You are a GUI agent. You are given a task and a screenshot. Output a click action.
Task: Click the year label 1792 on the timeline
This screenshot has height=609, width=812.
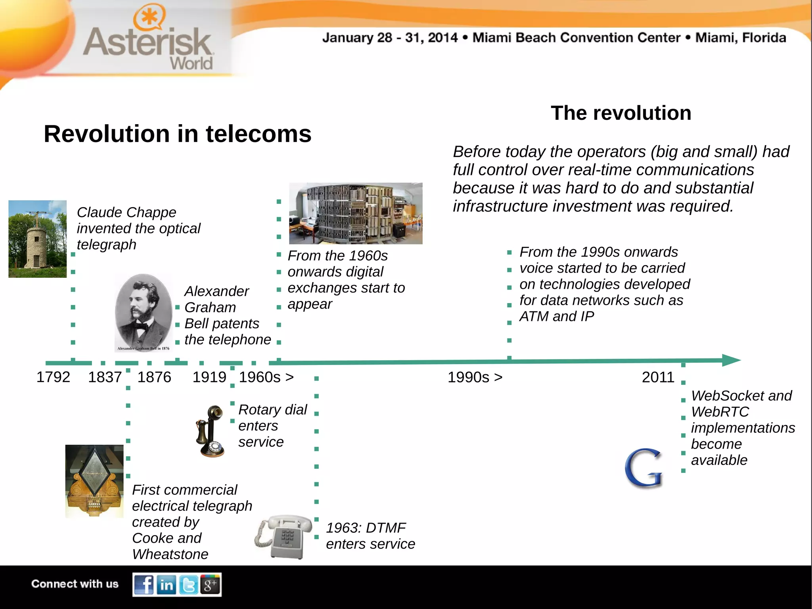click(53, 377)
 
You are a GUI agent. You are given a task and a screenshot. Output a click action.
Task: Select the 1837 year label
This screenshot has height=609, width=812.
click(105, 377)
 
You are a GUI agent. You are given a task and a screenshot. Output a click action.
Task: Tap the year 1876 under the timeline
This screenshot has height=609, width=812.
click(154, 377)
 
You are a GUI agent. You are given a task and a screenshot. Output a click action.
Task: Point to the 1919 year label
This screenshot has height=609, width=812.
click(209, 377)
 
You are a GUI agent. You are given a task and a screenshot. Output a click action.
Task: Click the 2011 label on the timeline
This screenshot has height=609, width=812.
click(658, 377)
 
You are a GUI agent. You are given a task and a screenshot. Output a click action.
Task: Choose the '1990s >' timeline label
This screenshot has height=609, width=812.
click(475, 377)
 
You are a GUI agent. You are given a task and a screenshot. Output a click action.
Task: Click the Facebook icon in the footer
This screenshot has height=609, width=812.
click(144, 585)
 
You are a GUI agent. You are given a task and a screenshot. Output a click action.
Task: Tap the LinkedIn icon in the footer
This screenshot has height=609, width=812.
click(167, 585)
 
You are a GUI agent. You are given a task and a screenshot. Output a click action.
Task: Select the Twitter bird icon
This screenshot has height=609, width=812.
click(189, 585)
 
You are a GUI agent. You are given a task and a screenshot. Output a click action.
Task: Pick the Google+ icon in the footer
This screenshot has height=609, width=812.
click(210, 584)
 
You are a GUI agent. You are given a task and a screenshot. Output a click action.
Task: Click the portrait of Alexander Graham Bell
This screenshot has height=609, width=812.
click(144, 313)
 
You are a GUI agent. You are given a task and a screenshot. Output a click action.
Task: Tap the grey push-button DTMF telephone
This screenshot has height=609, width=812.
click(284, 536)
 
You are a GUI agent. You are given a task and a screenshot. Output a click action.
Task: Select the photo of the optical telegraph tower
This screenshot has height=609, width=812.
click(38, 239)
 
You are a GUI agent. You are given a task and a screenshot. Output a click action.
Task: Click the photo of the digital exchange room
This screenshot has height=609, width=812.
click(356, 213)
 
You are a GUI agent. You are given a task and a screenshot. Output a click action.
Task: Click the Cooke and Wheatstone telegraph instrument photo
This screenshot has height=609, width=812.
click(94, 481)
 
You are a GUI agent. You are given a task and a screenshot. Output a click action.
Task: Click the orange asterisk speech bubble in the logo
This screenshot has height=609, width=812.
click(149, 18)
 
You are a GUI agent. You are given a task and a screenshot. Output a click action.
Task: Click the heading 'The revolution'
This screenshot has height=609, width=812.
click(621, 113)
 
